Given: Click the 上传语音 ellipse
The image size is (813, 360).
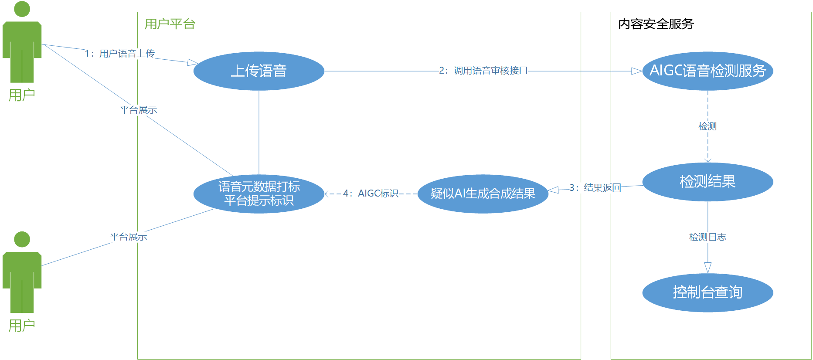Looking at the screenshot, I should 259,71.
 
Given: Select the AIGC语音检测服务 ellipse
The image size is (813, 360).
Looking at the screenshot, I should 708,71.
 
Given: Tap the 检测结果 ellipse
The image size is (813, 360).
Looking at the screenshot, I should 708,182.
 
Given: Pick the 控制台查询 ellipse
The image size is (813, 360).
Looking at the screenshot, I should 708,292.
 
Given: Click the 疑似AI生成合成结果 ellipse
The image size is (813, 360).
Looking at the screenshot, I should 483,194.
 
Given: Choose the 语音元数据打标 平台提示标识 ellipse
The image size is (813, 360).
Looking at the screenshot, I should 259,194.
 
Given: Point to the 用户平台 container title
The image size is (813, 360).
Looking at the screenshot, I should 170,24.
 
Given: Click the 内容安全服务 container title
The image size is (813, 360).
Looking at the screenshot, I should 656,24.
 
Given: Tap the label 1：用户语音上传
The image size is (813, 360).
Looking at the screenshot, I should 120,54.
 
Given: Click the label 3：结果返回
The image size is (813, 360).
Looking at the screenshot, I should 595,188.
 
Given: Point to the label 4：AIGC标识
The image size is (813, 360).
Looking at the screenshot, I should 371,194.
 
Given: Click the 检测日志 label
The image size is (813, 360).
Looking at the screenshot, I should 708,237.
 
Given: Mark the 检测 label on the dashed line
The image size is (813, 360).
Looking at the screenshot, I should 707,126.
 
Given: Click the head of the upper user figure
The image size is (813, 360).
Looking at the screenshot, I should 22,9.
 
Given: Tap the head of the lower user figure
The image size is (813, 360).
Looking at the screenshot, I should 22,239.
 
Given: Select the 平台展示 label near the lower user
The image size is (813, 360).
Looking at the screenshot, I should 129,237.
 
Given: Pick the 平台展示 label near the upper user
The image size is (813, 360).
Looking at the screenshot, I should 138,110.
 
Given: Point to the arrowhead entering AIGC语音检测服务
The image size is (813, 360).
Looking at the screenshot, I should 636,71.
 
